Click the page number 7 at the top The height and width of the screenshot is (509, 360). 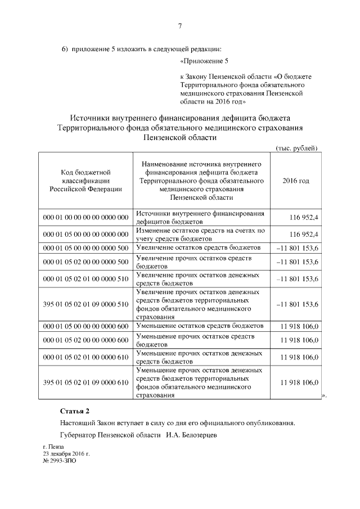click(180, 26)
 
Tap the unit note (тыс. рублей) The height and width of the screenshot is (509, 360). click(296, 147)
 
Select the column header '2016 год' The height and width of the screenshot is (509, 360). click(295, 181)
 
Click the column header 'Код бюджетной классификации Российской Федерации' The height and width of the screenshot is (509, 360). click(85, 181)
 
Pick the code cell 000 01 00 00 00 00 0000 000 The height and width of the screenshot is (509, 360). click(85, 218)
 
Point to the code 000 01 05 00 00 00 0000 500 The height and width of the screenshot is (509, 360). click(85, 247)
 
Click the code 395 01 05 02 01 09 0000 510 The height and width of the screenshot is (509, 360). click(85, 304)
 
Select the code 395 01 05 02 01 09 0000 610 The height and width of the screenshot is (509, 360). click(85, 382)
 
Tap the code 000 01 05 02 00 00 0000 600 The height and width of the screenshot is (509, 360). click(85, 340)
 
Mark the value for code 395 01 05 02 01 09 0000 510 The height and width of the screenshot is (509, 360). click(298, 304)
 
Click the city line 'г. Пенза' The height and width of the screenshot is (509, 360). click(53, 447)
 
